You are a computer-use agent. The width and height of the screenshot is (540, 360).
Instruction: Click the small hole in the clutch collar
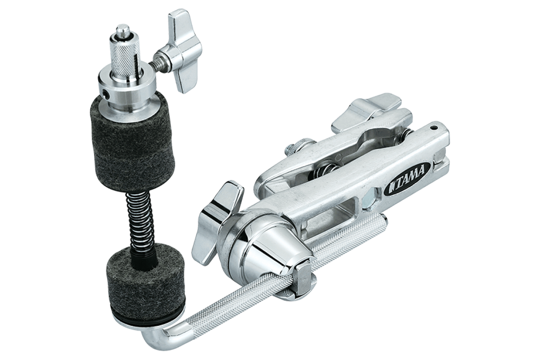[x=105, y=93]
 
